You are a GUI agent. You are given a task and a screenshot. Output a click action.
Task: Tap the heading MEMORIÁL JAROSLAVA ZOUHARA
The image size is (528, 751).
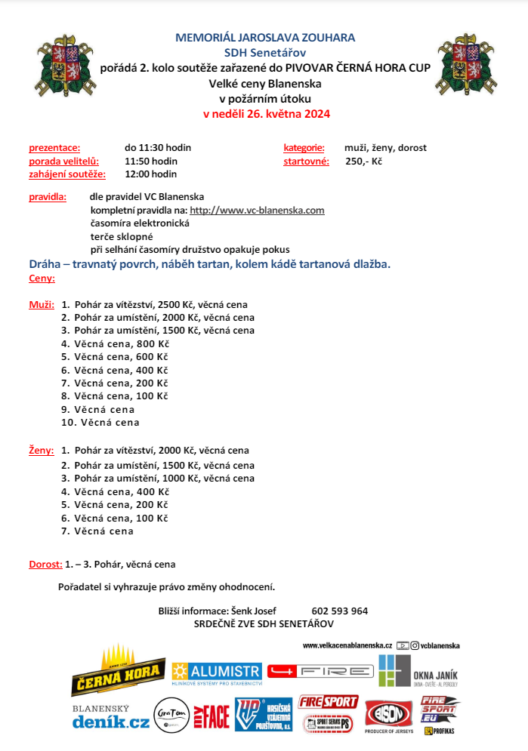(x=264, y=37)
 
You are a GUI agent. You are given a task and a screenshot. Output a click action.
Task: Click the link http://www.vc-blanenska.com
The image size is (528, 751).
(x=257, y=211)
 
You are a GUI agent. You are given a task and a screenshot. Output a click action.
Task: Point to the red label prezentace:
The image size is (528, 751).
(x=54, y=148)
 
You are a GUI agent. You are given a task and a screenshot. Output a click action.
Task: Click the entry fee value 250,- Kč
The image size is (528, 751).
(x=363, y=161)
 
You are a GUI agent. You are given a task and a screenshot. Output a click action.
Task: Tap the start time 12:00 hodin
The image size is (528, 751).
(x=150, y=174)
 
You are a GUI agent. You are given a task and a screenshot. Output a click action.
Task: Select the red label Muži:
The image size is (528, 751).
(x=42, y=304)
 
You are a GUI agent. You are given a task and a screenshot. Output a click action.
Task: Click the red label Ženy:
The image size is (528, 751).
(x=42, y=450)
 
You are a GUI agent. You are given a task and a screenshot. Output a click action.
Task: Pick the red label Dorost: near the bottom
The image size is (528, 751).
(x=45, y=564)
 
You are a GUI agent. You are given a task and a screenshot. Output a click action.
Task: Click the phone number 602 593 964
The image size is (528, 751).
(x=339, y=611)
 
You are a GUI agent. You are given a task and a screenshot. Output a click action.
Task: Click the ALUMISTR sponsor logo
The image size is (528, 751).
(x=217, y=672)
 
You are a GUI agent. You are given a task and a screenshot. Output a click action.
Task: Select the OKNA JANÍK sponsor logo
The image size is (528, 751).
(x=418, y=670)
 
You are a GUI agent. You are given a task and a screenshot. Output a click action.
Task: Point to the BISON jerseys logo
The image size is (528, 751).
(x=388, y=714)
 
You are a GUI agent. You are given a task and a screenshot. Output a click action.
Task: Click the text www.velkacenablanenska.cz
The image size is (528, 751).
(x=347, y=645)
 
